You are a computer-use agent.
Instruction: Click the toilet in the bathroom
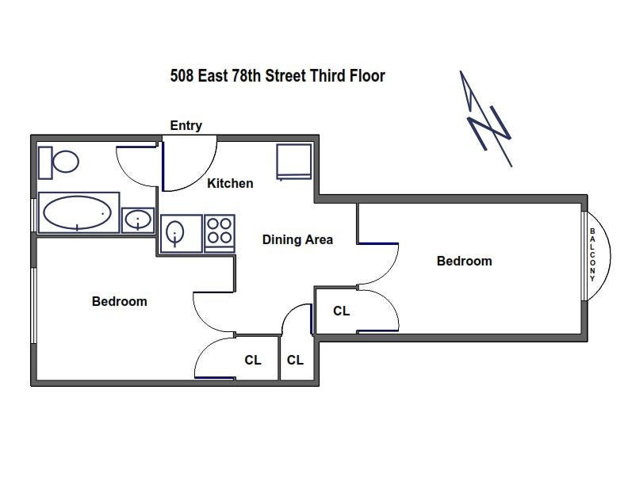(59, 162)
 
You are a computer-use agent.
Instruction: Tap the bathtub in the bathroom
(78, 212)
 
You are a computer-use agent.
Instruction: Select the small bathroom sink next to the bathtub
(138, 220)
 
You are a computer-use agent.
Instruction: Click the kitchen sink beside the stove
(181, 233)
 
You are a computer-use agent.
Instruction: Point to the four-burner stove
(220, 233)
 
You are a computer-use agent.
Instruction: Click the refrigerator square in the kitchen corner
(294, 161)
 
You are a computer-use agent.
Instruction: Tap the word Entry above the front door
(186, 126)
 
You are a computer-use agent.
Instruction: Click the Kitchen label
(230, 183)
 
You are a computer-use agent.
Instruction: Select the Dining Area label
(297, 239)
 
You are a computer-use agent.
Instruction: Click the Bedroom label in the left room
(120, 301)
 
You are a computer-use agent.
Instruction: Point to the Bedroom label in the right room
(464, 261)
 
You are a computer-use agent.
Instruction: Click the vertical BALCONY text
(592, 255)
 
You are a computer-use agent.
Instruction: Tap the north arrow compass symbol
(485, 118)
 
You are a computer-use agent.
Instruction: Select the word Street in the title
(285, 75)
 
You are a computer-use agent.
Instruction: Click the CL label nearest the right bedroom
(342, 311)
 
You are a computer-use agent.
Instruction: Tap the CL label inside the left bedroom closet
(253, 360)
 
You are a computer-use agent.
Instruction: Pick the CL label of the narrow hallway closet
(295, 360)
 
